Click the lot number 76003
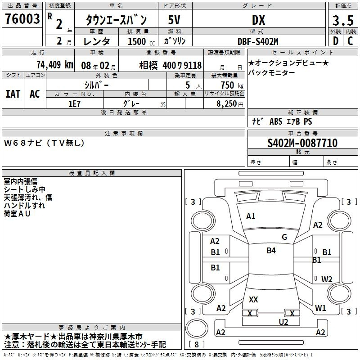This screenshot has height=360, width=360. [x=22, y=19]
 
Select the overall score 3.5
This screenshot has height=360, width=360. [x=343, y=20]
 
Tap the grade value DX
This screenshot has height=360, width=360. [x=258, y=20]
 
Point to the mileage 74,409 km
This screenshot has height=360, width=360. [x=55, y=64]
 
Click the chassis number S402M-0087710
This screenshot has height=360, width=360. [x=302, y=143]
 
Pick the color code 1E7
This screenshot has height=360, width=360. [x=74, y=104]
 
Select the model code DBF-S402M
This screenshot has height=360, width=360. [x=258, y=41]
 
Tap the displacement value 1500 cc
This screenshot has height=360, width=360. [x=141, y=41]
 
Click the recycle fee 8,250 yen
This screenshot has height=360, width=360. [x=230, y=104]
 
